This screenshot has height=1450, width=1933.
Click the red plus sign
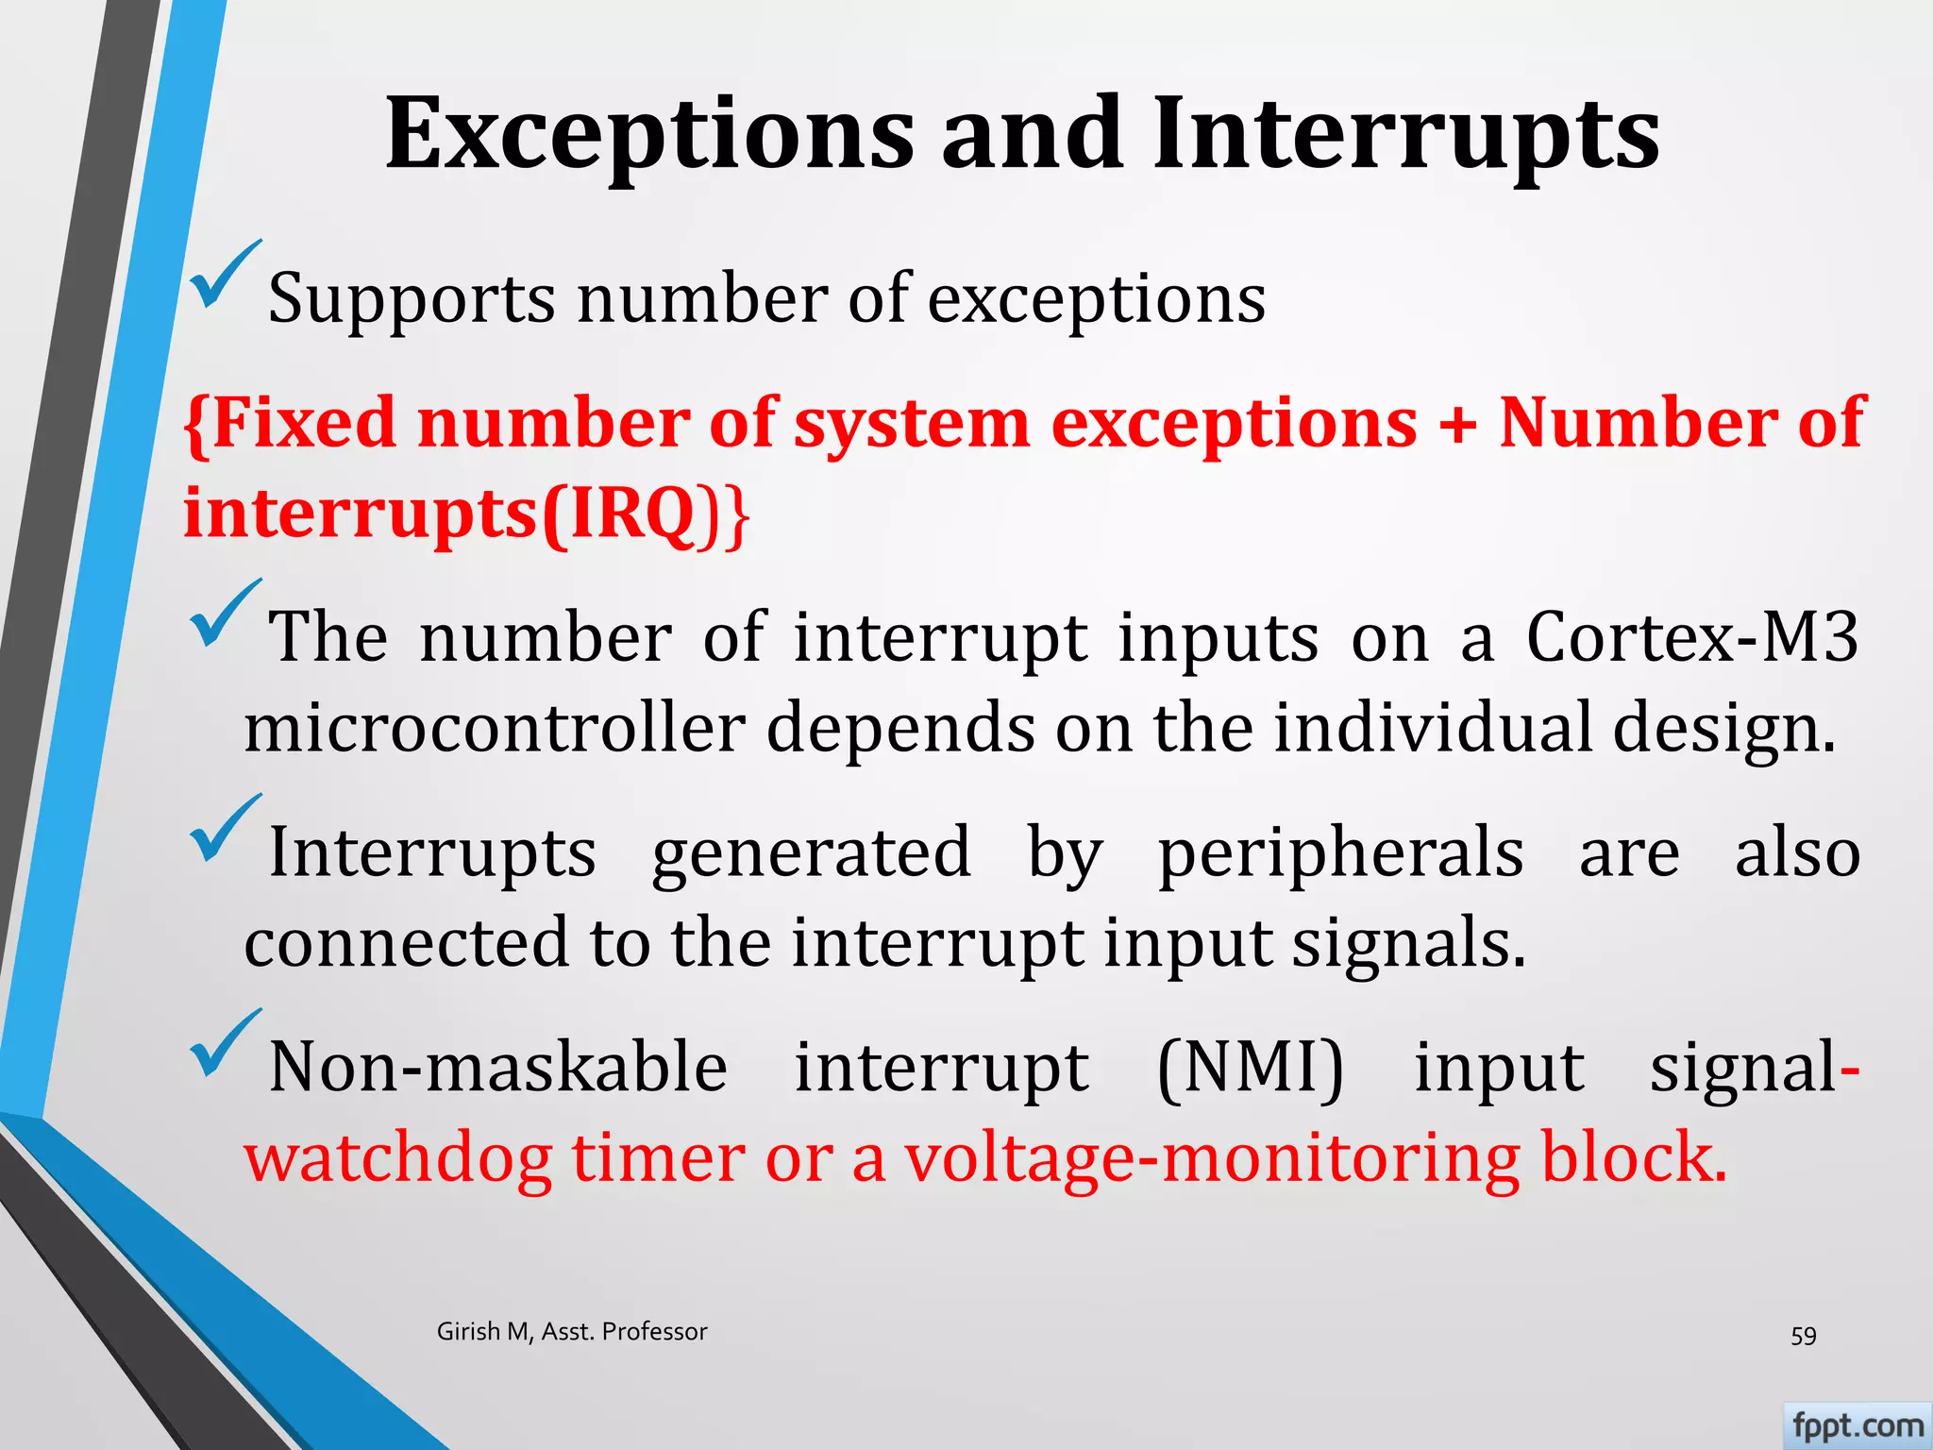(x=1457, y=423)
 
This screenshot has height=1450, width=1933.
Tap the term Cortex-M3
(x=1692, y=636)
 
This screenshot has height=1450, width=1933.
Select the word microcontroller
(x=495, y=728)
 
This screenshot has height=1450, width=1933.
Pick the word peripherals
(x=1340, y=851)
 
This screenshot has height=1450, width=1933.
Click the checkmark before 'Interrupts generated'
(x=224, y=828)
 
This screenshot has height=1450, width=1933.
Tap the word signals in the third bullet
(x=1407, y=943)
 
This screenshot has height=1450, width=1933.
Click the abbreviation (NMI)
(x=1251, y=1068)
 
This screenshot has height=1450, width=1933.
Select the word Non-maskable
(x=498, y=1068)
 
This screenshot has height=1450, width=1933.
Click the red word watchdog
(x=397, y=1158)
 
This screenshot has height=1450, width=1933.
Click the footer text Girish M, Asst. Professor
(x=572, y=1332)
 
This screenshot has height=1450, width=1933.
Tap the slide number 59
(x=1803, y=1336)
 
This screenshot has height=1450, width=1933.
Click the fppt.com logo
(x=1857, y=1425)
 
